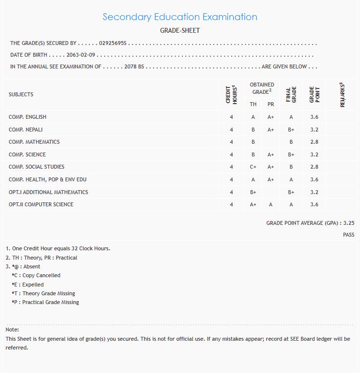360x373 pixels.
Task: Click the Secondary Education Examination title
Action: point(180,17)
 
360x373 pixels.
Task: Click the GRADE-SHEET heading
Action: point(180,30)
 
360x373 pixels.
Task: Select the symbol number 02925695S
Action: point(112,44)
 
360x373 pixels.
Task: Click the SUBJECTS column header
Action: point(21,94)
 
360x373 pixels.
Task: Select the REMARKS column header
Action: point(342,94)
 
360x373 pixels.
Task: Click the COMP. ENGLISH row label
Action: point(27,117)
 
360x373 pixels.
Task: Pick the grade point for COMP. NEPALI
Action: point(315,130)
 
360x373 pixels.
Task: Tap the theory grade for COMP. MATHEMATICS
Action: point(253,142)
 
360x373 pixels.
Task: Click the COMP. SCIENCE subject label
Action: point(27,154)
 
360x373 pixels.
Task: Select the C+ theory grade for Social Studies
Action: point(253,167)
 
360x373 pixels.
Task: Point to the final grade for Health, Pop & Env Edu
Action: point(291,179)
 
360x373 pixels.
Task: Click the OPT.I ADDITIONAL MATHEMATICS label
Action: point(48,192)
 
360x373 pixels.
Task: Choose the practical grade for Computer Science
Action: point(270,204)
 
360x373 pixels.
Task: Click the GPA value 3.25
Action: point(349,223)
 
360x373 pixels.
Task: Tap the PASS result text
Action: point(349,235)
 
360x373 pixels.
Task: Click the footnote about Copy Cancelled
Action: point(36,275)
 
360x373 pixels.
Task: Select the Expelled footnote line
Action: point(28,285)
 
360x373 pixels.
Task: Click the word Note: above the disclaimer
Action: point(12,330)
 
